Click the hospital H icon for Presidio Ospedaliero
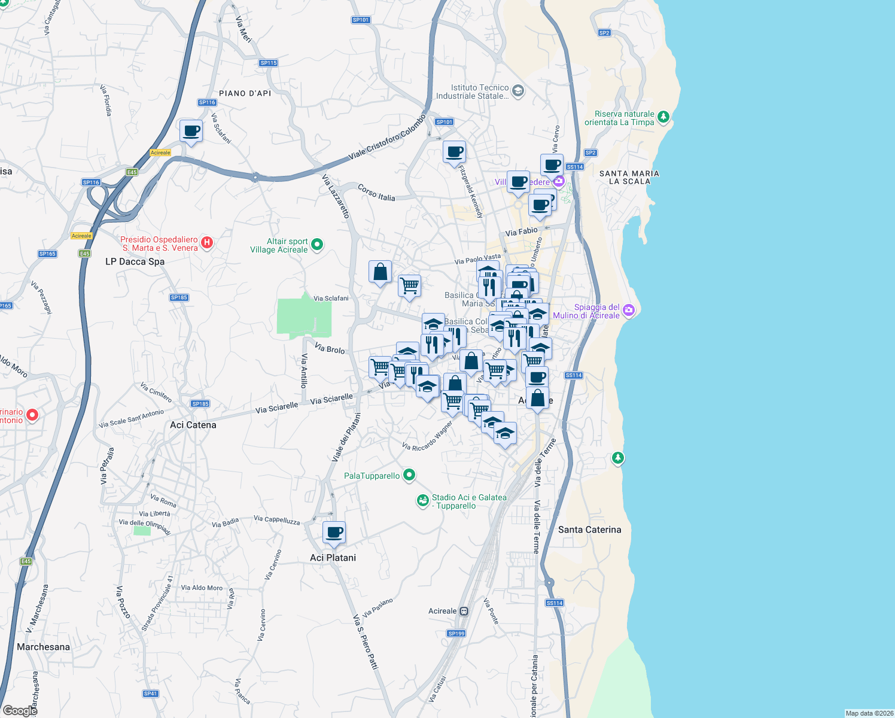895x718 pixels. [206, 242]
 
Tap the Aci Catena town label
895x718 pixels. [193, 425]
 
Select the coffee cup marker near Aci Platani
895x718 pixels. [334, 532]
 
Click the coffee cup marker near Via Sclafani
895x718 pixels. [191, 130]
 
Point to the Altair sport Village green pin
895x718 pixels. [318, 244]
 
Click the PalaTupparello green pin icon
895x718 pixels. [409, 475]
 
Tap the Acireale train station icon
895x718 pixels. [464, 611]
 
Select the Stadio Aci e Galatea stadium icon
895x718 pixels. [423, 500]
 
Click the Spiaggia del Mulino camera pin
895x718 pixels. [628, 310]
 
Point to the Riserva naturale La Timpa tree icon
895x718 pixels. [663, 117]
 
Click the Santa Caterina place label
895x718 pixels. [589, 530]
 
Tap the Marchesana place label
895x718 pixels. [43, 647]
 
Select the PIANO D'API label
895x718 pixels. [245, 93]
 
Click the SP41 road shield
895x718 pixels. [150, 693]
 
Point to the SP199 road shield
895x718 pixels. [456, 633]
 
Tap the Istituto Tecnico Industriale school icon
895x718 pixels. [518, 91]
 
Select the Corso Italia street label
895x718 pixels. [376, 193]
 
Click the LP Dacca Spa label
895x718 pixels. [135, 261]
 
